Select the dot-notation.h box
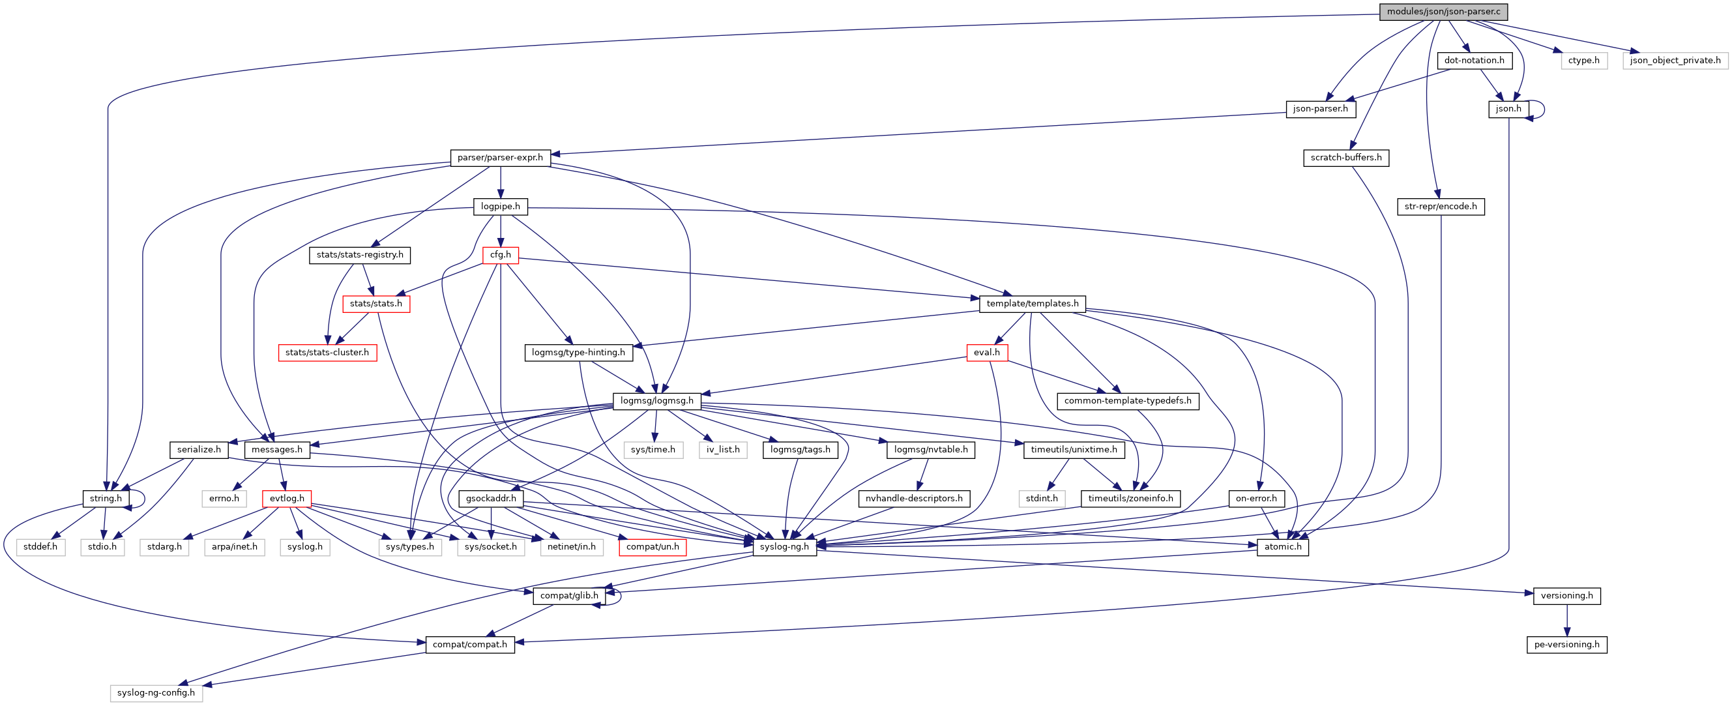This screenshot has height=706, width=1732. tap(1474, 61)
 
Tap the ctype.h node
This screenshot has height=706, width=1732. tap(1583, 61)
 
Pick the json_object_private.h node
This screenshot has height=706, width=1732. tap(1675, 61)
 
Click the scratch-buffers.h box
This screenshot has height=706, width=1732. tap(1345, 158)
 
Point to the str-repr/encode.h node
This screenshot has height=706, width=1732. tap(1440, 207)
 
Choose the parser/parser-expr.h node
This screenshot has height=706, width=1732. tap(499, 158)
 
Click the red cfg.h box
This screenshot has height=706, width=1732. tap(500, 255)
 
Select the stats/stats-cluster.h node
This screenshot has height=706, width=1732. tap(327, 352)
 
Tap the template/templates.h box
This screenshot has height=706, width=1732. tap(1031, 304)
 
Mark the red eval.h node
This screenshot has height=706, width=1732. tap(986, 352)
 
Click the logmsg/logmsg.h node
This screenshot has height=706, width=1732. tap(656, 401)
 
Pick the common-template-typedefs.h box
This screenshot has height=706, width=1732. tap(1127, 401)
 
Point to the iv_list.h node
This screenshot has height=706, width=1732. tap(723, 450)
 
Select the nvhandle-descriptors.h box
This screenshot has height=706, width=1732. tap(913, 498)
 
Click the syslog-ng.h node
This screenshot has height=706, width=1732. tap(784, 547)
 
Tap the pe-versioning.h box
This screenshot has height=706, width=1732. tap(1566, 644)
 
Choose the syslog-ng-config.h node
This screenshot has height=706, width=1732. tap(156, 692)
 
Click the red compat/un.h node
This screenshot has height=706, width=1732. tap(653, 547)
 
